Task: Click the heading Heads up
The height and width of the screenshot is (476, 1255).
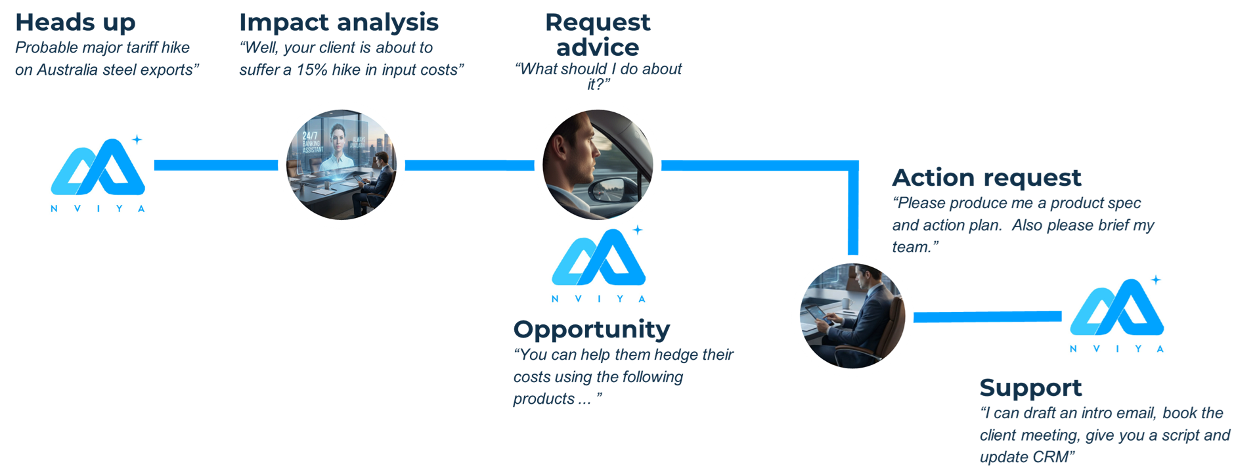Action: pyautogui.click(x=75, y=23)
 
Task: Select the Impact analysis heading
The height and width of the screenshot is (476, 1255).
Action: pyautogui.click(x=338, y=23)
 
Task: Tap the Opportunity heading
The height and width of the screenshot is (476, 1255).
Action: pyautogui.click(x=591, y=329)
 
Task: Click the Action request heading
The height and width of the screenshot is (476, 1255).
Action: pyautogui.click(x=986, y=178)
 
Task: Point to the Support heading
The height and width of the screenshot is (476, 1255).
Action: pyautogui.click(x=1030, y=387)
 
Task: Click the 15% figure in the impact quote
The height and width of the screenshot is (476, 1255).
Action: pyautogui.click(x=311, y=70)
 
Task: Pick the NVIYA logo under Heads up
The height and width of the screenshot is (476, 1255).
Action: pyautogui.click(x=98, y=172)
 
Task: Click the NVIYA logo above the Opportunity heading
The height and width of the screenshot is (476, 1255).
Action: pyautogui.click(x=598, y=263)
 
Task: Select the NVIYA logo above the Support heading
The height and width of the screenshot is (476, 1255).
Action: pyautogui.click(x=1116, y=313)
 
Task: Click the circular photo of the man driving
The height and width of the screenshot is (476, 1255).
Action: pyautogui.click(x=597, y=164)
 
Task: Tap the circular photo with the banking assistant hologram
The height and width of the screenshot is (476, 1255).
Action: pyautogui.click(x=341, y=164)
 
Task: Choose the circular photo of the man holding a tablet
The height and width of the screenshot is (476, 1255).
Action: pyautogui.click(x=852, y=316)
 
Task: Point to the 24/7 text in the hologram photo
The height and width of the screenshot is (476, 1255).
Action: pyautogui.click(x=309, y=136)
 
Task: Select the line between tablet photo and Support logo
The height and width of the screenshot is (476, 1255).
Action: pyautogui.click(x=986, y=317)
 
